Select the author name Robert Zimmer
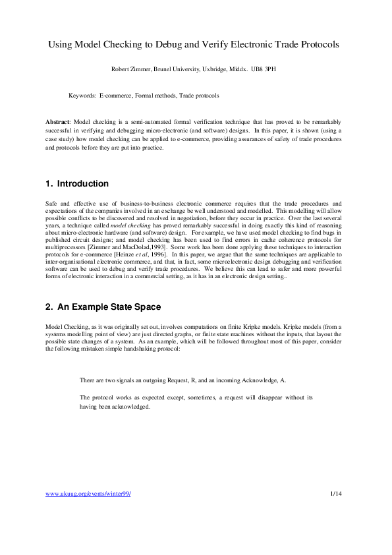point(133,69)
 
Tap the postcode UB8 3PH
point(273,69)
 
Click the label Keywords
point(82,96)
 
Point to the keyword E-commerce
point(115,96)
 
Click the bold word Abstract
point(57,123)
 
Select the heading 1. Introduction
point(77,183)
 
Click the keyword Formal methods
point(155,96)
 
